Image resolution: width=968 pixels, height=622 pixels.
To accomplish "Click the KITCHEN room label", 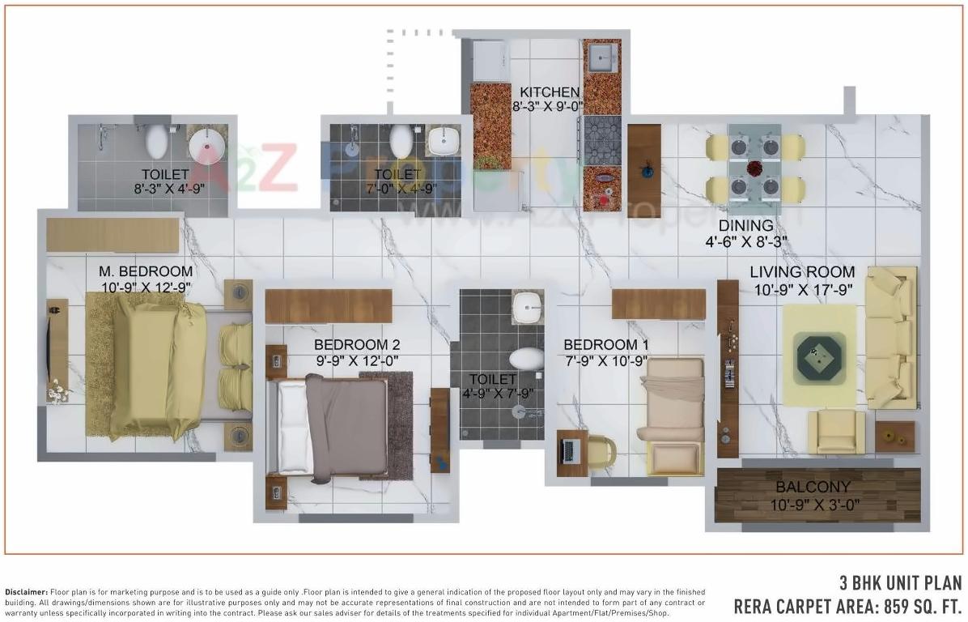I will point(550,92).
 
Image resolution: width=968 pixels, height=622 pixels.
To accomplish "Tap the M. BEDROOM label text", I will point(146,271).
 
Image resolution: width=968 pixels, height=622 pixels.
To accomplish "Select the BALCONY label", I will point(813,487).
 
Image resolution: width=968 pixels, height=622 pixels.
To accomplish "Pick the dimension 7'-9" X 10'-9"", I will point(606,360).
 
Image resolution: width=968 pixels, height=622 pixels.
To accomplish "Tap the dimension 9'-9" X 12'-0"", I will point(356,361).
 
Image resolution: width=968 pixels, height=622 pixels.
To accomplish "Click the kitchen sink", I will point(601,58).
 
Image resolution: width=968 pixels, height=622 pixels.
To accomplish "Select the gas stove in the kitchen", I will point(601,138).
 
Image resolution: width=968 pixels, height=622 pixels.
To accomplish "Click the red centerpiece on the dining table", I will point(754,168).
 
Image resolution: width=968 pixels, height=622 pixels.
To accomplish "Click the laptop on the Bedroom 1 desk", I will point(571,446).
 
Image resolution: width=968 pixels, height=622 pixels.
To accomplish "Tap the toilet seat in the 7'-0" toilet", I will point(401,142).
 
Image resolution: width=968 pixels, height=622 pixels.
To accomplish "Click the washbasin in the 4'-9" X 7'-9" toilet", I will point(527,306).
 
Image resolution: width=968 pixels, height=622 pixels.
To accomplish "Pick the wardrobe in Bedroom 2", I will point(329,305).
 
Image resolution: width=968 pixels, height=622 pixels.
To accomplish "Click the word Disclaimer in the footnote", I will point(27,592).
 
